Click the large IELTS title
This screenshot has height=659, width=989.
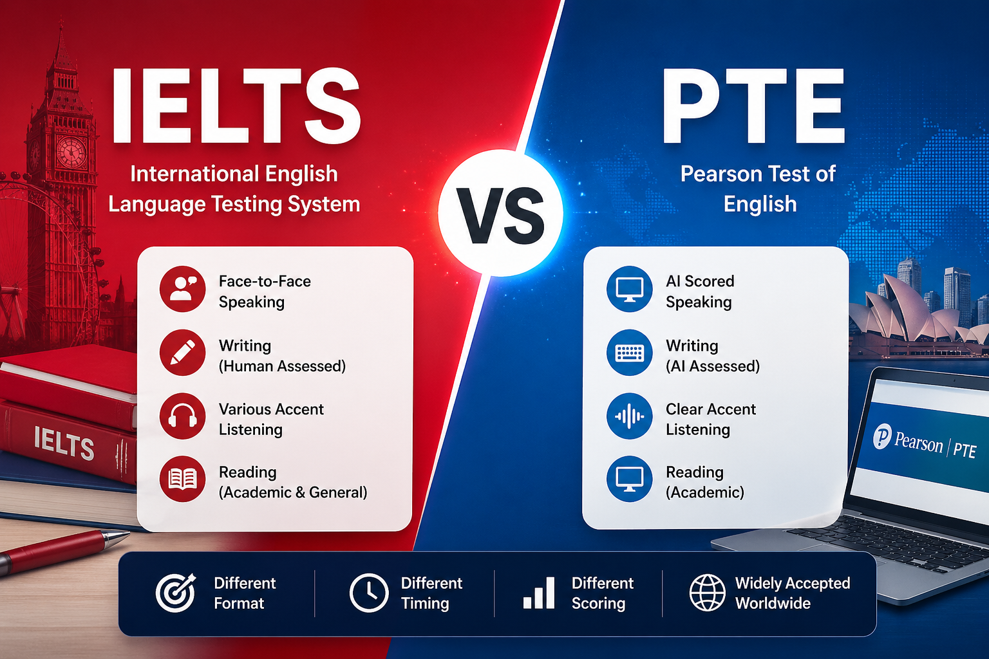coord(236,106)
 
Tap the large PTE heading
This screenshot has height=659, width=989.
coord(753,106)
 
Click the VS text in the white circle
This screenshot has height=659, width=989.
coord(500,215)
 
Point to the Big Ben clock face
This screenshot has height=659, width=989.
coord(71,151)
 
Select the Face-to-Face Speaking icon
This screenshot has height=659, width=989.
coord(182,289)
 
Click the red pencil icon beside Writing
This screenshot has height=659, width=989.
coord(182,352)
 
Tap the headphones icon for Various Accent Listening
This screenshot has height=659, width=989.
coord(182,416)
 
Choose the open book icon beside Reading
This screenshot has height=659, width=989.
coord(182,479)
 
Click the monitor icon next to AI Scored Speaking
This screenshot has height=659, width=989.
coord(630,289)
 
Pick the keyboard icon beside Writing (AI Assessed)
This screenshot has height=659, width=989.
coord(630,352)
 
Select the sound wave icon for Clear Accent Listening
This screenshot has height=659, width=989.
coord(630,416)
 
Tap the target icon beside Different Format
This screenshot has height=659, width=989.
coord(176,593)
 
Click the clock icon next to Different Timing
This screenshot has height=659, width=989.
coord(369,593)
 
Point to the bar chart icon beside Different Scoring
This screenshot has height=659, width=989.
coord(539,593)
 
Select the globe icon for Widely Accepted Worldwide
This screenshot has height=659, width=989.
coord(708,593)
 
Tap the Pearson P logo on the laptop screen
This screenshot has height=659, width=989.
coord(882,436)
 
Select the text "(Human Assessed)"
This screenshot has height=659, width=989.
coord(282,366)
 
